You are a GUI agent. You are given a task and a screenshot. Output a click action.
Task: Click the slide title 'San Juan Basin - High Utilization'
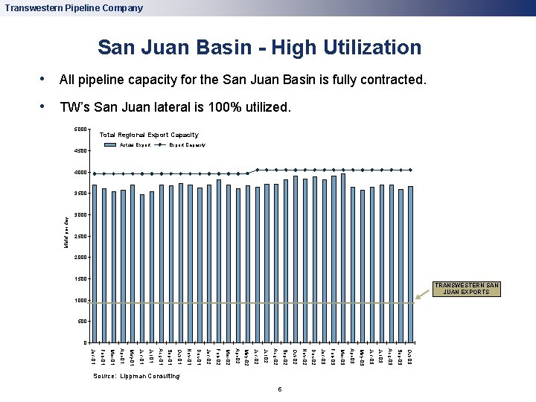(259, 48)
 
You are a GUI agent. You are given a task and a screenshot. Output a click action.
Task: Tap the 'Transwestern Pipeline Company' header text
(73, 8)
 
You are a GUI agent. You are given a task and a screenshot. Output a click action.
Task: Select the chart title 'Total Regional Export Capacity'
(149, 135)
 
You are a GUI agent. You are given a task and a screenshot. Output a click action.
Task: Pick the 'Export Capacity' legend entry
(187, 144)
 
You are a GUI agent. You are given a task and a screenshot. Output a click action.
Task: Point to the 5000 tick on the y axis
(80, 130)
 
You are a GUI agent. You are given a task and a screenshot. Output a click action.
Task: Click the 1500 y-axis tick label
(80, 279)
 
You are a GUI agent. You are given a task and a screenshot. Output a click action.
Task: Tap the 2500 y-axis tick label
(80, 237)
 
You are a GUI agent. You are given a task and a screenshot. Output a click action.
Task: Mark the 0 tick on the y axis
(85, 343)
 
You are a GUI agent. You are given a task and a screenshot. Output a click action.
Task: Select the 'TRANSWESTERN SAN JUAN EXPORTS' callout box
(468, 289)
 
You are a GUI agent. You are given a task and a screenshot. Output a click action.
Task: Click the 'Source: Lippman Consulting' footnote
(136, 377)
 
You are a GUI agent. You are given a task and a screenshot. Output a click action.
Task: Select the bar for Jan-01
(95, 264)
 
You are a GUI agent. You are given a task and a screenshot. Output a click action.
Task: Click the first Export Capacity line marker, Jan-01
(95, 174)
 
